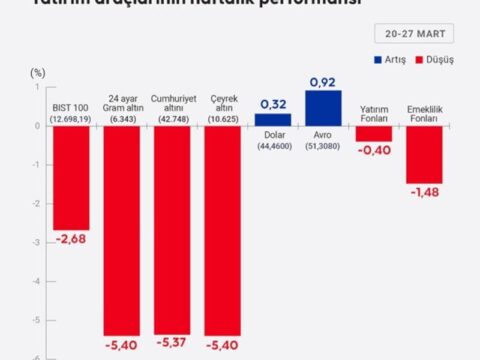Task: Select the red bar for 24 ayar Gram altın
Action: [127, 230]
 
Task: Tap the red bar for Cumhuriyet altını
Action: [178, 229]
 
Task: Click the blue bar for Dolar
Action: [273, 119]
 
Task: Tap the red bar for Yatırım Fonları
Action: [373, 133]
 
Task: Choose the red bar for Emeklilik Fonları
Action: [423, 154]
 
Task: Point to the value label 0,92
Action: [323, 81]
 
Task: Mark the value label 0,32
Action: [273, 104]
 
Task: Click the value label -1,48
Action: [423, 192]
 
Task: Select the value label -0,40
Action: [373, 150]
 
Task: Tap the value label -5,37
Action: [178, 345]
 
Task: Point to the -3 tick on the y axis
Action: [37, 242]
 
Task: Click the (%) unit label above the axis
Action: [38, 73]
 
